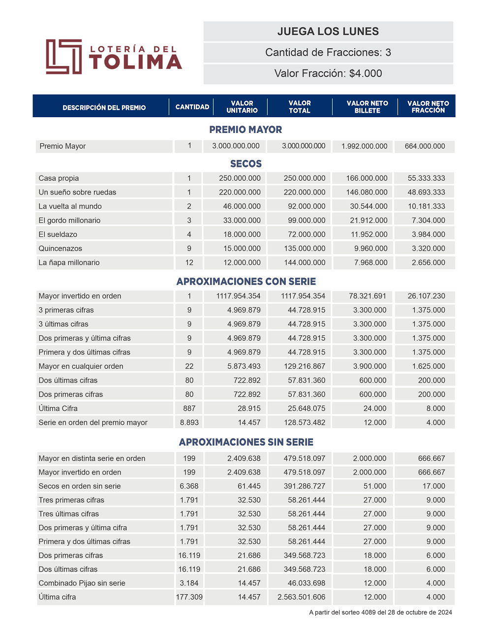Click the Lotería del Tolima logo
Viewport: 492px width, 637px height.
114,57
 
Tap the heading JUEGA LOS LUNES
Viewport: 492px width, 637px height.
328,32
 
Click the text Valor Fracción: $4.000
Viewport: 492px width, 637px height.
328,73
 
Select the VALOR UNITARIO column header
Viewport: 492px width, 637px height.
242,107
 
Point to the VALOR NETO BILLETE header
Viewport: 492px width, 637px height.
367,107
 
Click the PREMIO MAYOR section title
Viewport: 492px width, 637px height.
246,129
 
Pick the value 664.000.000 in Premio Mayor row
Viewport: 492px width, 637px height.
425,146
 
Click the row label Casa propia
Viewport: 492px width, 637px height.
59,178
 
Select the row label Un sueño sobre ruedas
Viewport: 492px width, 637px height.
77,192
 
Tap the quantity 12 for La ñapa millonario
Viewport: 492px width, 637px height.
189,262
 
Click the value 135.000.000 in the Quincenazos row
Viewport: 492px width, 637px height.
305,249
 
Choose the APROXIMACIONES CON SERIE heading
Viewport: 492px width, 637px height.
246,282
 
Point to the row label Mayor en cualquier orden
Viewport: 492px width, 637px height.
81,366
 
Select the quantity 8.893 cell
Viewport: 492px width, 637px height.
189,422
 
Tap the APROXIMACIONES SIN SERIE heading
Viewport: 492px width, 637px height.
246,442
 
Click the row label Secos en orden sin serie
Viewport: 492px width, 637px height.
80,486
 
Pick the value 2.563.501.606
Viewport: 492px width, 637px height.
301,597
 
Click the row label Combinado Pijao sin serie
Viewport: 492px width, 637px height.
82,583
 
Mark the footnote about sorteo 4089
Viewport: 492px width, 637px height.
380,612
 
